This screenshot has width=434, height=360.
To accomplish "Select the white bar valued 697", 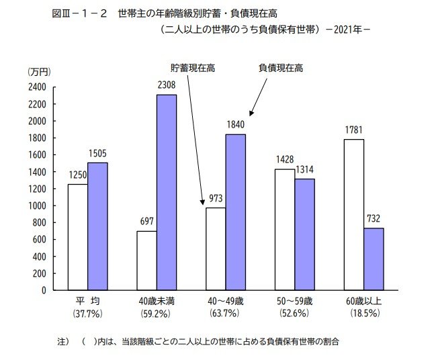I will tap(146, 261).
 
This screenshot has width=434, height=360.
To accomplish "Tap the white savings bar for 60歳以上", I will tap(353, 214).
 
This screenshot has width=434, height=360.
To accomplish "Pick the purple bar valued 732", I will tap(374, 259).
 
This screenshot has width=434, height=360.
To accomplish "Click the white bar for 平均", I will tap(77, 237).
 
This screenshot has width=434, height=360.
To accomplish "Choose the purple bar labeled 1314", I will tap(304, 234).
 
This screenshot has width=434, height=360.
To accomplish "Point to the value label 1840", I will tap(235, 125).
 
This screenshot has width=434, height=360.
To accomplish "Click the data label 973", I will tap(216, 199).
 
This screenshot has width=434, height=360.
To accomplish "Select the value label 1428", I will tap(285, 160).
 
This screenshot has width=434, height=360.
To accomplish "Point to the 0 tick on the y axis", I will tap(43, 291).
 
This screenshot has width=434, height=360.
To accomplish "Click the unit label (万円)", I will tap(39, 71).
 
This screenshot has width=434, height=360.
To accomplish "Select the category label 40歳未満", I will tap(157, 301).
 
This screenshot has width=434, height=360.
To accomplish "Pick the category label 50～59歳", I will tap(294, 301).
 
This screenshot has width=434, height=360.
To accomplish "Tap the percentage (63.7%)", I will tap(225, 313).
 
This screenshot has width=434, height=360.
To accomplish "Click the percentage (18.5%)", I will tap(363, 313).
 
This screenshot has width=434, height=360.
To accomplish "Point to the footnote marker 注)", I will tap(63, 342).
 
